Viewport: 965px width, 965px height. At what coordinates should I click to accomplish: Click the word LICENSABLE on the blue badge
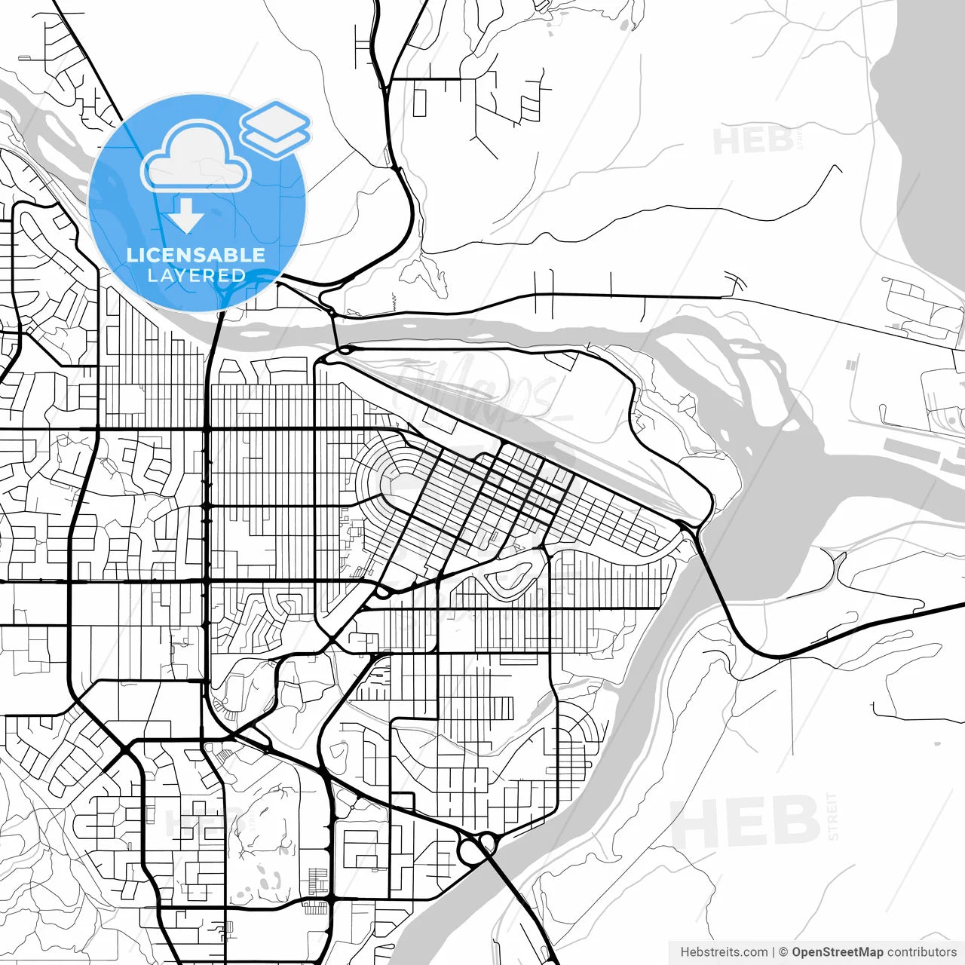pos(196,255)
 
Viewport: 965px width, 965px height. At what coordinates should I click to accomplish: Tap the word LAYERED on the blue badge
pos(196,275)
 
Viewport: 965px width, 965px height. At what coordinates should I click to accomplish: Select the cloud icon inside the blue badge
pos(196,157)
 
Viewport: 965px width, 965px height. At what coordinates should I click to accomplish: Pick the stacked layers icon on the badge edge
pos(275,128)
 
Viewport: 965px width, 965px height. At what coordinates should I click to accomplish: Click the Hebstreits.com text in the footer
pos(724,952)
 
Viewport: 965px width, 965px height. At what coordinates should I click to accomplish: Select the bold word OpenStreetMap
pos(837,952)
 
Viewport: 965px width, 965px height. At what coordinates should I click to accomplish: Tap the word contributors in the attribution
pos(922,952)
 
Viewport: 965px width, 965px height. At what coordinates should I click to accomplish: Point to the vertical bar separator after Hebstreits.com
pos(774,952)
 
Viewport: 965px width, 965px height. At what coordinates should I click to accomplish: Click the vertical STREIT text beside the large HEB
pos(832,816)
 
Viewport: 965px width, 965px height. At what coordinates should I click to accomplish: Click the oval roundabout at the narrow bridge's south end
pos(345,350)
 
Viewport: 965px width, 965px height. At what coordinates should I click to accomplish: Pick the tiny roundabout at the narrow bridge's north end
pos(331,311)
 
